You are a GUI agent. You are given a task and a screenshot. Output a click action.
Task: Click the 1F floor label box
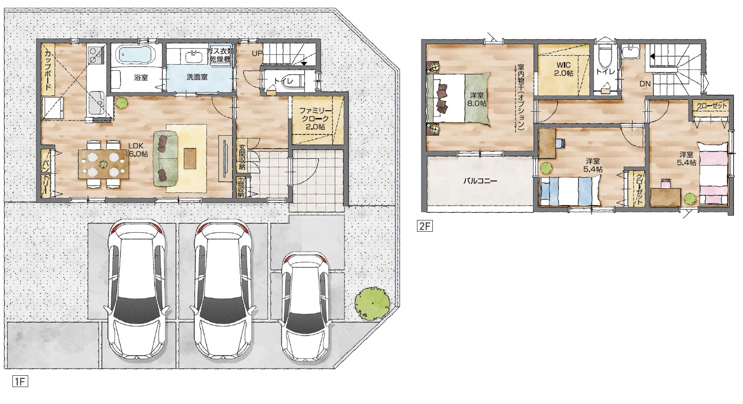point(20,381)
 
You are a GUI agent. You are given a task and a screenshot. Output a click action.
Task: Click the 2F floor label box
point(425,226)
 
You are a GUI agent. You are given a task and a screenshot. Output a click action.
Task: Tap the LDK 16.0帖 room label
point(137,149)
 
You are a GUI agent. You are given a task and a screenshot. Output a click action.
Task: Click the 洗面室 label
point(197,77)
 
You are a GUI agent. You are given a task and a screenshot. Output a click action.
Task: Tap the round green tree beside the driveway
point(372,302)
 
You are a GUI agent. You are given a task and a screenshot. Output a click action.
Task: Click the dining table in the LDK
point(103,164)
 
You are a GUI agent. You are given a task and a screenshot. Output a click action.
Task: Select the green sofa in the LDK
point(165,158)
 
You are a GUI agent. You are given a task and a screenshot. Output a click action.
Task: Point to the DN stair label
point(645,84)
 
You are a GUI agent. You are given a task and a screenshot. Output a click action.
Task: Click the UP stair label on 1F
point(257,53)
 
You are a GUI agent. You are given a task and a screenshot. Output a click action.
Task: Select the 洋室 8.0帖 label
point(477,99)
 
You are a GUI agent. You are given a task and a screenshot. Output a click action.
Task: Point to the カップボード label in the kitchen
point(48,70)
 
